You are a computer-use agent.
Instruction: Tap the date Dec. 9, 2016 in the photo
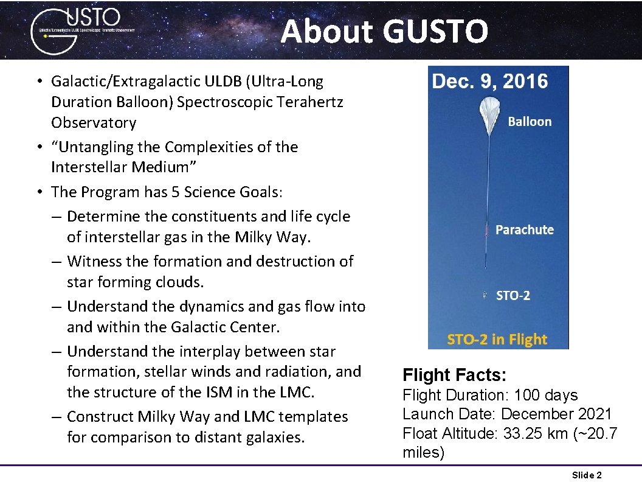click(490, 82)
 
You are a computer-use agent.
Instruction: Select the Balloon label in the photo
click(530, 122)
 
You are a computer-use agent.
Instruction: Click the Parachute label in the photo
click(525, 230)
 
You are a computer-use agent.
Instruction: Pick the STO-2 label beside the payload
click(513, 296)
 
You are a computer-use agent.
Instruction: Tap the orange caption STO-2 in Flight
click(497, 340)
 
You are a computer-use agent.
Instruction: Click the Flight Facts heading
click(454, 375)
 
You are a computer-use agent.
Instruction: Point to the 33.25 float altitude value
click(527, 433)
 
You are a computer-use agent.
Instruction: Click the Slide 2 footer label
click(587, 475)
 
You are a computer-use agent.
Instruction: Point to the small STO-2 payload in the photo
click(485, 295)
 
